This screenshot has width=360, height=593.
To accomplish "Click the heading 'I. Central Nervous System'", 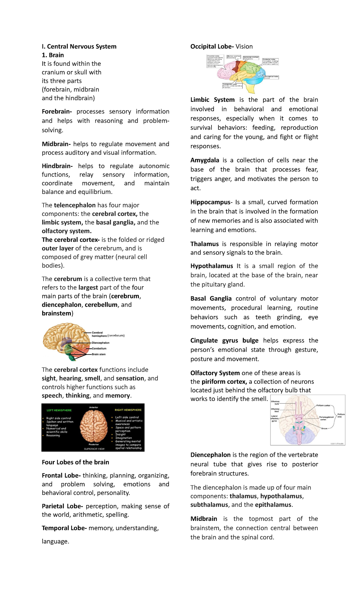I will pos(79,47).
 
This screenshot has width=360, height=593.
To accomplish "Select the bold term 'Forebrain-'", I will pos(57,112).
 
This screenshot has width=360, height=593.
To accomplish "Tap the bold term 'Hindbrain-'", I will pos(57,166).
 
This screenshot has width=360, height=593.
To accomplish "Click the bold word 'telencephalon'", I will pos(75,205).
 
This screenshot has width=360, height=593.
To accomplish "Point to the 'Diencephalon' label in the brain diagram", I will pos(100,343).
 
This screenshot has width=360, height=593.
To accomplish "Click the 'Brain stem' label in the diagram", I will pos(99,354).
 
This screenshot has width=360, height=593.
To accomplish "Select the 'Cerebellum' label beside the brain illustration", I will pos(99,349).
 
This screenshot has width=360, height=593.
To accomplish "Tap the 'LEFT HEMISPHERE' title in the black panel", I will pos(59,410).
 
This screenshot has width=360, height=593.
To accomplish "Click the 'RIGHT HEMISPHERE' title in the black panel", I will pos(128,410).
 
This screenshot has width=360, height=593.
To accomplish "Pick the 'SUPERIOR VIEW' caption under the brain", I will pos(94,449).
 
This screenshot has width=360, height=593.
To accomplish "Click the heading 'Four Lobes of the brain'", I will pos(75,462).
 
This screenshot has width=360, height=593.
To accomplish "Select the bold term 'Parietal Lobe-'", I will pos(62,506).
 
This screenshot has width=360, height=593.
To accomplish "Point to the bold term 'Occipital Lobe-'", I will pos(212,47).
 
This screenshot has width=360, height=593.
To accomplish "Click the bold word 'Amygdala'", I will pos(205,160).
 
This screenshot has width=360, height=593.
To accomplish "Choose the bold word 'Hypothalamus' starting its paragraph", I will pos(211,266).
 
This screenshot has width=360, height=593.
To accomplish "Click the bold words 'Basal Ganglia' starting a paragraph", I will pos(211,299).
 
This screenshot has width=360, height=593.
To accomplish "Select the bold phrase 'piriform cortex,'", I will pos(224,382).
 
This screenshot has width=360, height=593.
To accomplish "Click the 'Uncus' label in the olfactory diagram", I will pos(324,429).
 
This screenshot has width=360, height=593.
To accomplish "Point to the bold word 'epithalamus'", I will pos(273,505).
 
